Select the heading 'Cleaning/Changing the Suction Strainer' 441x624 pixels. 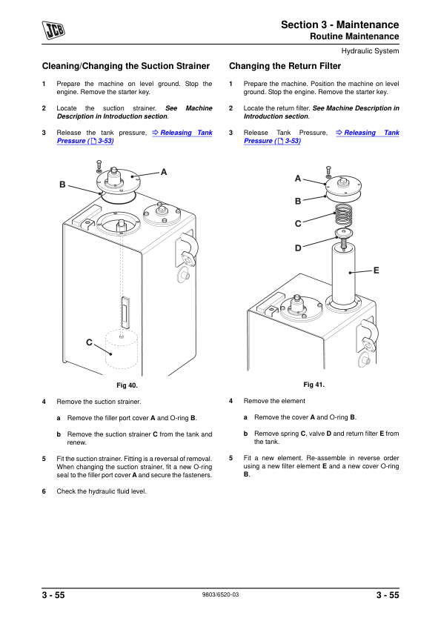point(126,66)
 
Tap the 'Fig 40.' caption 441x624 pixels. point(127,386)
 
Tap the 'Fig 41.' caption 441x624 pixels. point(314,385)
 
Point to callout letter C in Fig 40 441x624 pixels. point(89,342)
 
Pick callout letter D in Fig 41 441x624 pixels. point(298,248)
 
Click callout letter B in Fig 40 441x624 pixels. point(63,184)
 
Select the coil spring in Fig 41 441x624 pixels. point(342,216)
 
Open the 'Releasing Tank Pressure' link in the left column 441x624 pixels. point(182,133)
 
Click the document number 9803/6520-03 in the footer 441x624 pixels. point(220,596)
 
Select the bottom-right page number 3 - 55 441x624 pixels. point(387,596)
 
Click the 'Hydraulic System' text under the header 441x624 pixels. point(370,51)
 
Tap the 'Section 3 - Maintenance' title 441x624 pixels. point(339,25)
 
